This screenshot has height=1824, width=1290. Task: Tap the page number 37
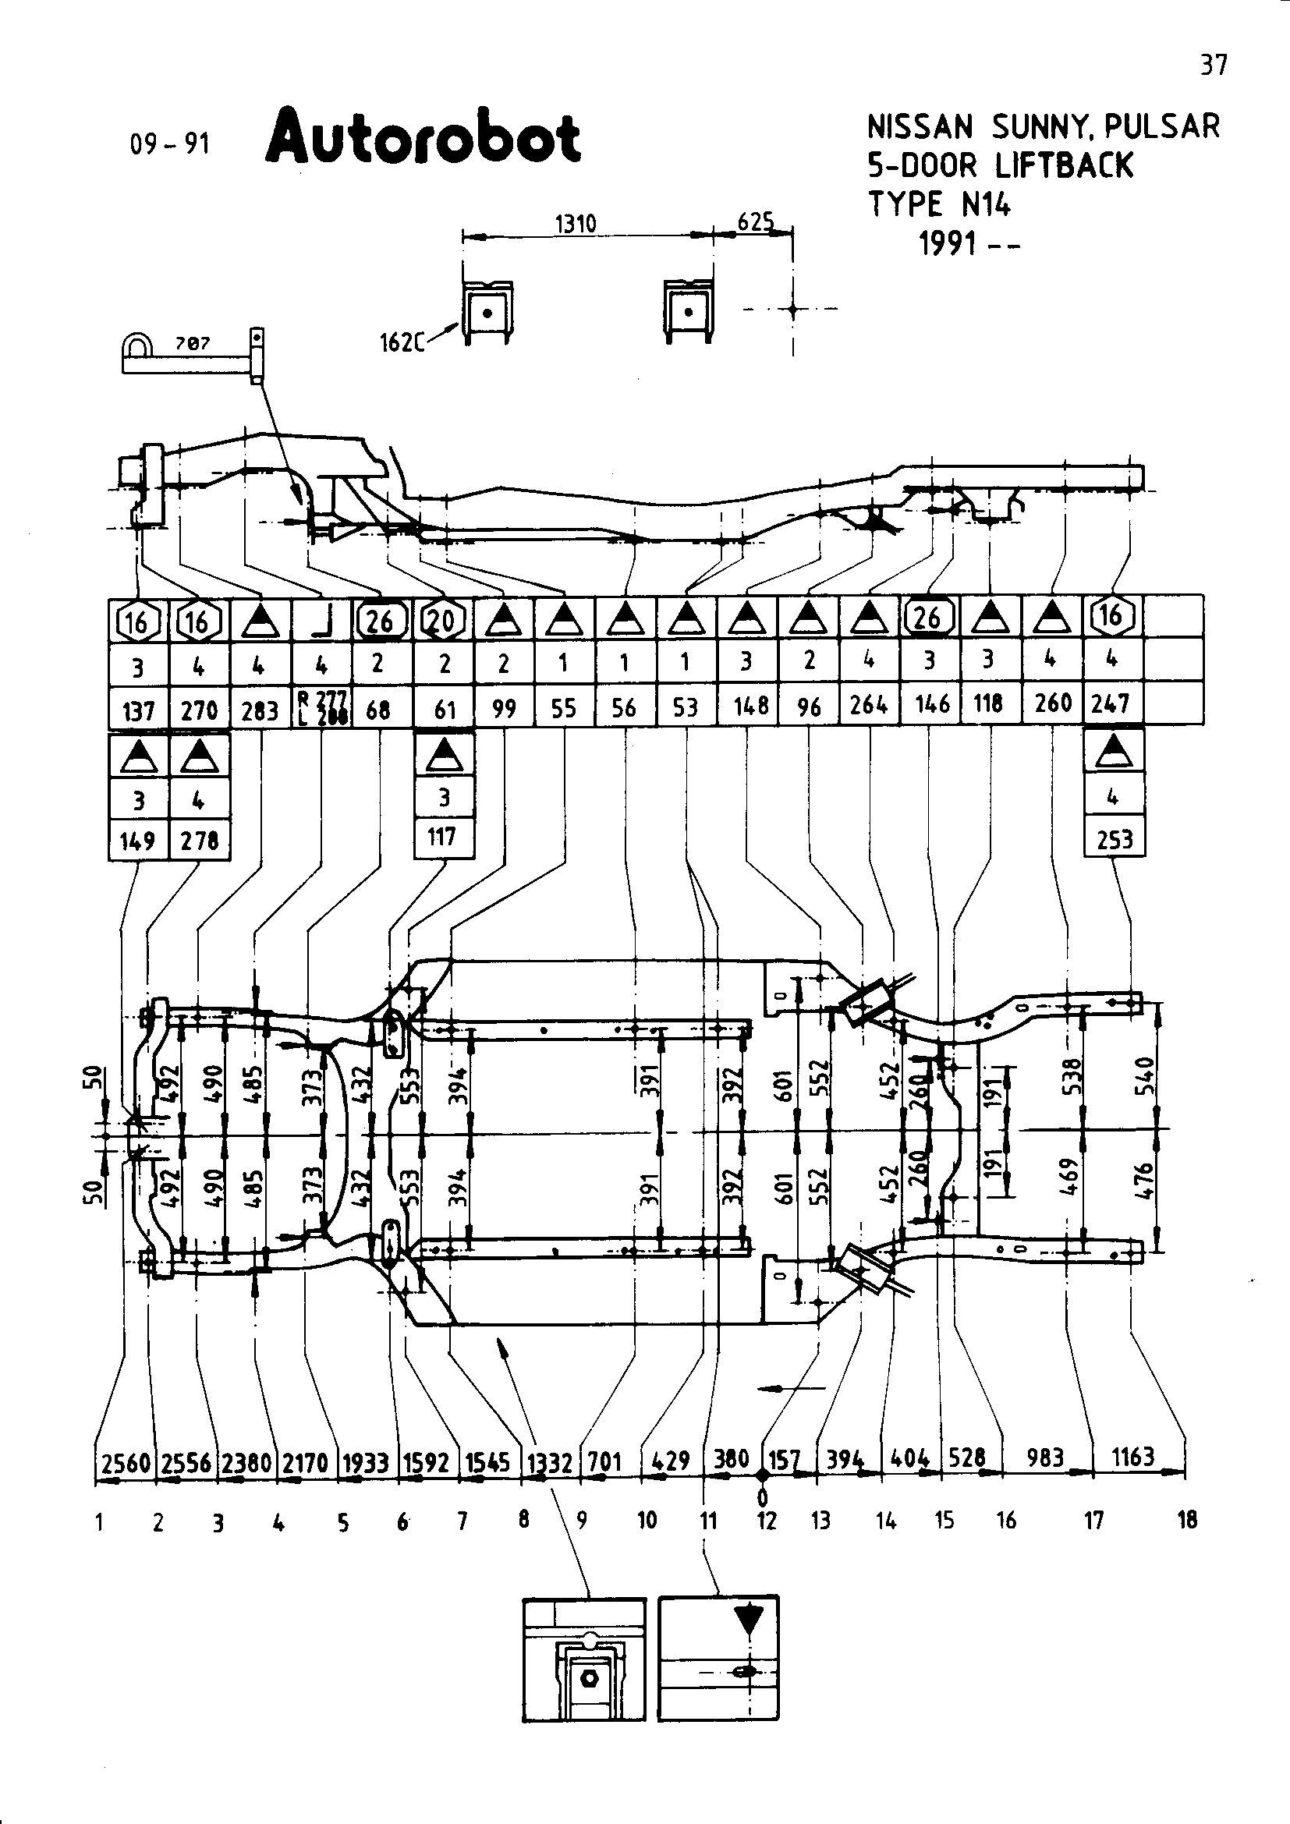(1213, 66)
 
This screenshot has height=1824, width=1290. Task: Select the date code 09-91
(170, 143)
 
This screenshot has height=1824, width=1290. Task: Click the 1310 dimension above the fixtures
(575, 223)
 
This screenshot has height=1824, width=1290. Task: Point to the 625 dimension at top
(754, 221)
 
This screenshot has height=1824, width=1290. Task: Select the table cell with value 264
(868, 705)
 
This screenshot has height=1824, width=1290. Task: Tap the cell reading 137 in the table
(138, 710)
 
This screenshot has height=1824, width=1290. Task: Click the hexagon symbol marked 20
(442, 620)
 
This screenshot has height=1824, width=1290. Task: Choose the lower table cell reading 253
(1114, 840)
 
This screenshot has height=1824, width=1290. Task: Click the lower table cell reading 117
(442, 837)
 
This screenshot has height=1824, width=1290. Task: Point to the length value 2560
(126, 1461)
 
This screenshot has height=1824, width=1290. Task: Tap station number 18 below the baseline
(1187, 1520)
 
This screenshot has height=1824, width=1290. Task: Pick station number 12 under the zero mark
(766, 1521)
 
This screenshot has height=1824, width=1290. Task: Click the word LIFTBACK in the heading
(1065, 166)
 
